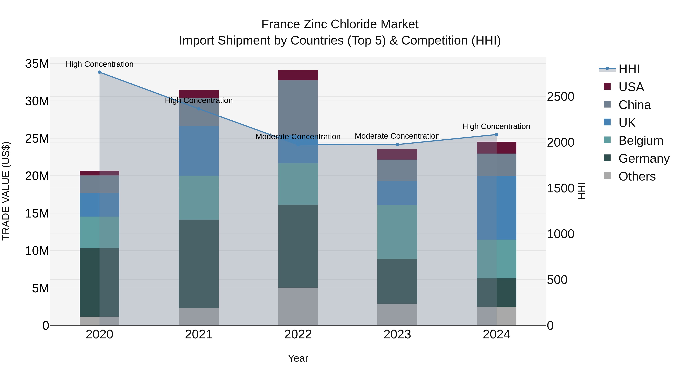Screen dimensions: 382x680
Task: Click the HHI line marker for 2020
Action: pos(100,72)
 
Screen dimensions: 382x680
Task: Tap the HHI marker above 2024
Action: pos(496,135)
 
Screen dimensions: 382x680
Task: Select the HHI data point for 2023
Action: pos(397,144)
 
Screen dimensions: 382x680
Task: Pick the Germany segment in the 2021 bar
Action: pos(199,264)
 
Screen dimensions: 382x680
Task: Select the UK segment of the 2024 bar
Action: pos(496,208)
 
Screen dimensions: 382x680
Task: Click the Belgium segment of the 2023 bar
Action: pos(397,232)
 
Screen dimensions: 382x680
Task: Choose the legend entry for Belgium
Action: pos(641,141)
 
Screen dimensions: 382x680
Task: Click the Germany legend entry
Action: pos(644,158)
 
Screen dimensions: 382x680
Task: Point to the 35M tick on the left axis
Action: pos(37,64)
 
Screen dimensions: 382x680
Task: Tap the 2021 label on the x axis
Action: pos(199,334)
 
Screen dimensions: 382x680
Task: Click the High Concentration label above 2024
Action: pos(496,127)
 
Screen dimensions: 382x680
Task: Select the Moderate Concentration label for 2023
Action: pos(397,136)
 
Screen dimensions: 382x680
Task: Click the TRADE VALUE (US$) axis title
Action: pos(6,191)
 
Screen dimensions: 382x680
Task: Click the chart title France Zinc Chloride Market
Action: pos(340,24)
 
